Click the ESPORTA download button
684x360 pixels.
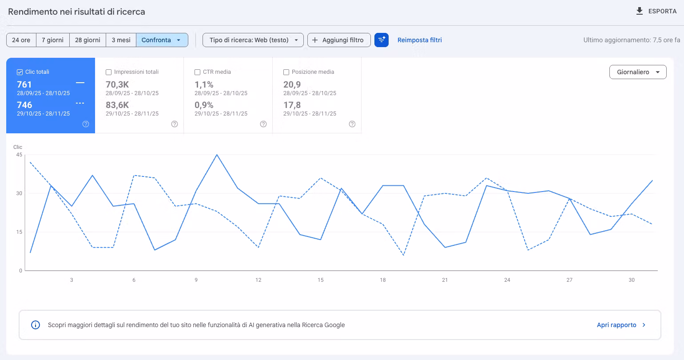pos(656,11)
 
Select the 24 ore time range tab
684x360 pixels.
pos(21,40)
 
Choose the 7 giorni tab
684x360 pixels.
pos(52,40)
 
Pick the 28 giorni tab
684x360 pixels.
pos(87,40)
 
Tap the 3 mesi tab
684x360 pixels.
pos(121,40)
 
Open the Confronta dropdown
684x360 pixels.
pos(162,40)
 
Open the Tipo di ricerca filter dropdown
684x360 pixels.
pos(253,40)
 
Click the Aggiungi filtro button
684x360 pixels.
pos(339,40)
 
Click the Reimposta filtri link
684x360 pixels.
pos(420,40)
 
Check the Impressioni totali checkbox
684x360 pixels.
pos(108,72)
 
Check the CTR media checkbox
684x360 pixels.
pos(197,72)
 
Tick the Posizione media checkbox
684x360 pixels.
pos(286,72)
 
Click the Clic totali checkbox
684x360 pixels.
pos(20,72)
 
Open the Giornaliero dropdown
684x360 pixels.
pos(638,72)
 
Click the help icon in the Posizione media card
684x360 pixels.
pos(352,124)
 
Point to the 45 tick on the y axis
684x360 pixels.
pos(19,155)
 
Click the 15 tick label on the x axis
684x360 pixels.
pos(320,280)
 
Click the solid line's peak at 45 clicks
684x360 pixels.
pos(217,155)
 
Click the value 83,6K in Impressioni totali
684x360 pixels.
pos(117,105)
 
